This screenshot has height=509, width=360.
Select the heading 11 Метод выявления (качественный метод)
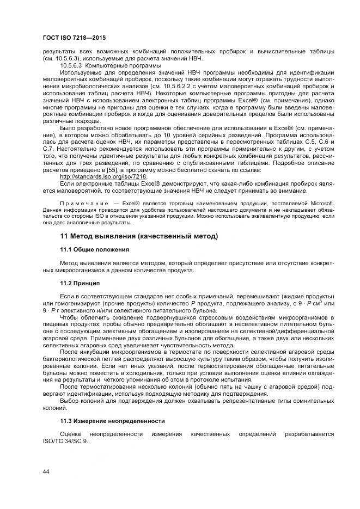pos(139,236)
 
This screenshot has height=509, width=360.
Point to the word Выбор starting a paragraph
pos(69,400)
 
